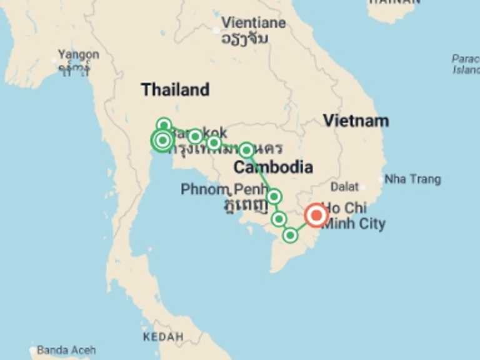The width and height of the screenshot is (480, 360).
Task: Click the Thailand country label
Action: click(175, 89)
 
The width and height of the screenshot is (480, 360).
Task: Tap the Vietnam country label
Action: click(356, 120)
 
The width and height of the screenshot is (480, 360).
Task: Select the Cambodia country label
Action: click(273, 167)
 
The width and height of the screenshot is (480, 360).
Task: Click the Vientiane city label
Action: click(253, 22)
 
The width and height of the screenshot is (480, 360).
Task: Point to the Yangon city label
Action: click(78, 54)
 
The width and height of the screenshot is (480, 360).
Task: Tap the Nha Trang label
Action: click(412, 179)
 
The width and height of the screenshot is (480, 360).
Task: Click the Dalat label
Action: click(344, 186)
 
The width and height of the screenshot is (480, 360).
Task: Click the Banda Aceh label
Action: click(66, 350)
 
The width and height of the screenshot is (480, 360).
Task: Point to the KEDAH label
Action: click(163, 337)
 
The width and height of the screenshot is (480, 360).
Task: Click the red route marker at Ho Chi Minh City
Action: click(316, 216)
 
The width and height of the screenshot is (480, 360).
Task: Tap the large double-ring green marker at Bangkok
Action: click(162, 141)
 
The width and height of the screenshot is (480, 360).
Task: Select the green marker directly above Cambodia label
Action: click(246, 150)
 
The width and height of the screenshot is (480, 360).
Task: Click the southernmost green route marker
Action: click(290, 235)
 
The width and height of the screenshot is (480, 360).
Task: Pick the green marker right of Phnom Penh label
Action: click(273, 197)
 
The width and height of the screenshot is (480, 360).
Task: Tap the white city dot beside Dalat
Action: click(362, 186)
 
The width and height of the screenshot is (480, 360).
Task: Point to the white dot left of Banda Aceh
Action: click(32, 351)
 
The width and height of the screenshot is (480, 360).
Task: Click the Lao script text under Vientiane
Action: click(244, 38)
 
